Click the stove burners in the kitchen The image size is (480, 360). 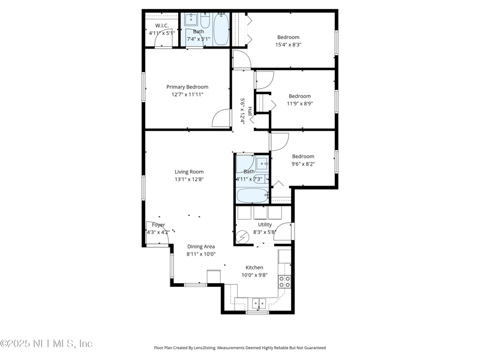285,281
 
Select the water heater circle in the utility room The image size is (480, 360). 243,236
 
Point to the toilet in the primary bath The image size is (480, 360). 205,23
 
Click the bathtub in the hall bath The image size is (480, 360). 253,195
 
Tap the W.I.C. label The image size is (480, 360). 161,26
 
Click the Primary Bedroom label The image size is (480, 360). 187,87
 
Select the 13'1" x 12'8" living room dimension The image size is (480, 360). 189,179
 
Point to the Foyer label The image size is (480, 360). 158,225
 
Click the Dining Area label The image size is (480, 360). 200,247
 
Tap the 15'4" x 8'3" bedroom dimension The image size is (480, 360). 288,44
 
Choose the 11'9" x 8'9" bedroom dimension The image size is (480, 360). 299,103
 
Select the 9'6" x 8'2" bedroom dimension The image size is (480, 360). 303,164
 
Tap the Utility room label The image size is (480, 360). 265,224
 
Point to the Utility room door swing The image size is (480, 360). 283,232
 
